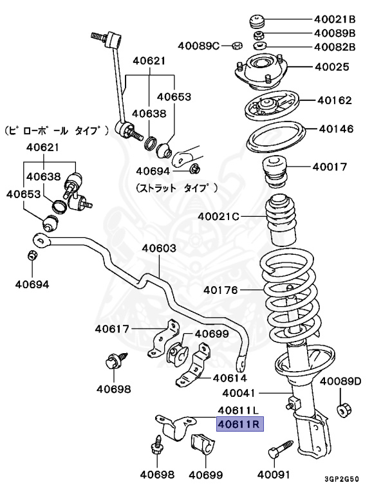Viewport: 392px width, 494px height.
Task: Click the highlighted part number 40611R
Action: point(238,424)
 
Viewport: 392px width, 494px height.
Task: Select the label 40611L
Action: point(238,410)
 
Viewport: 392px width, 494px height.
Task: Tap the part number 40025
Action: point(332,66)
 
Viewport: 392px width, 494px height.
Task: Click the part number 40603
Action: point(159,248)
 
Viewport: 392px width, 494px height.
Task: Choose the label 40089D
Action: point(341,381)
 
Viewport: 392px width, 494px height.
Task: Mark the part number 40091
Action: point(275,475)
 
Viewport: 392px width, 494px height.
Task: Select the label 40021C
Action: point(219,216)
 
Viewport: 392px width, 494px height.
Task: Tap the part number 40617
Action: point(113,329)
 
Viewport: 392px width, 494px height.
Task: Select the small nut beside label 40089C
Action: point(236,46)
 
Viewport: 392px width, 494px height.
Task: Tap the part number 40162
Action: point(335,100)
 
